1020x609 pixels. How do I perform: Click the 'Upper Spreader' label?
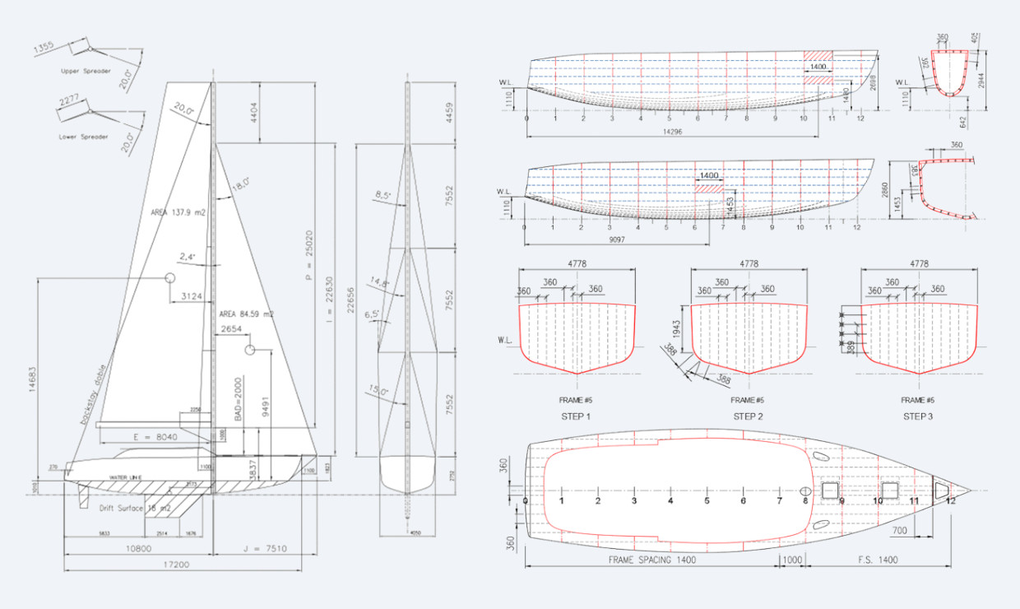pos(86,71)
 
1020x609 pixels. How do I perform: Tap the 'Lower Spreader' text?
pos(84,137)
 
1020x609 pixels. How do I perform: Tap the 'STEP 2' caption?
pos(748,416)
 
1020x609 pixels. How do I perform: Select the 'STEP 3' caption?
pos(918,416)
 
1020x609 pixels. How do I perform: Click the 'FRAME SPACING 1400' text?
pos(651,560)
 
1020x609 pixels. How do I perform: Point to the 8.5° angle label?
pos(381,195)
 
